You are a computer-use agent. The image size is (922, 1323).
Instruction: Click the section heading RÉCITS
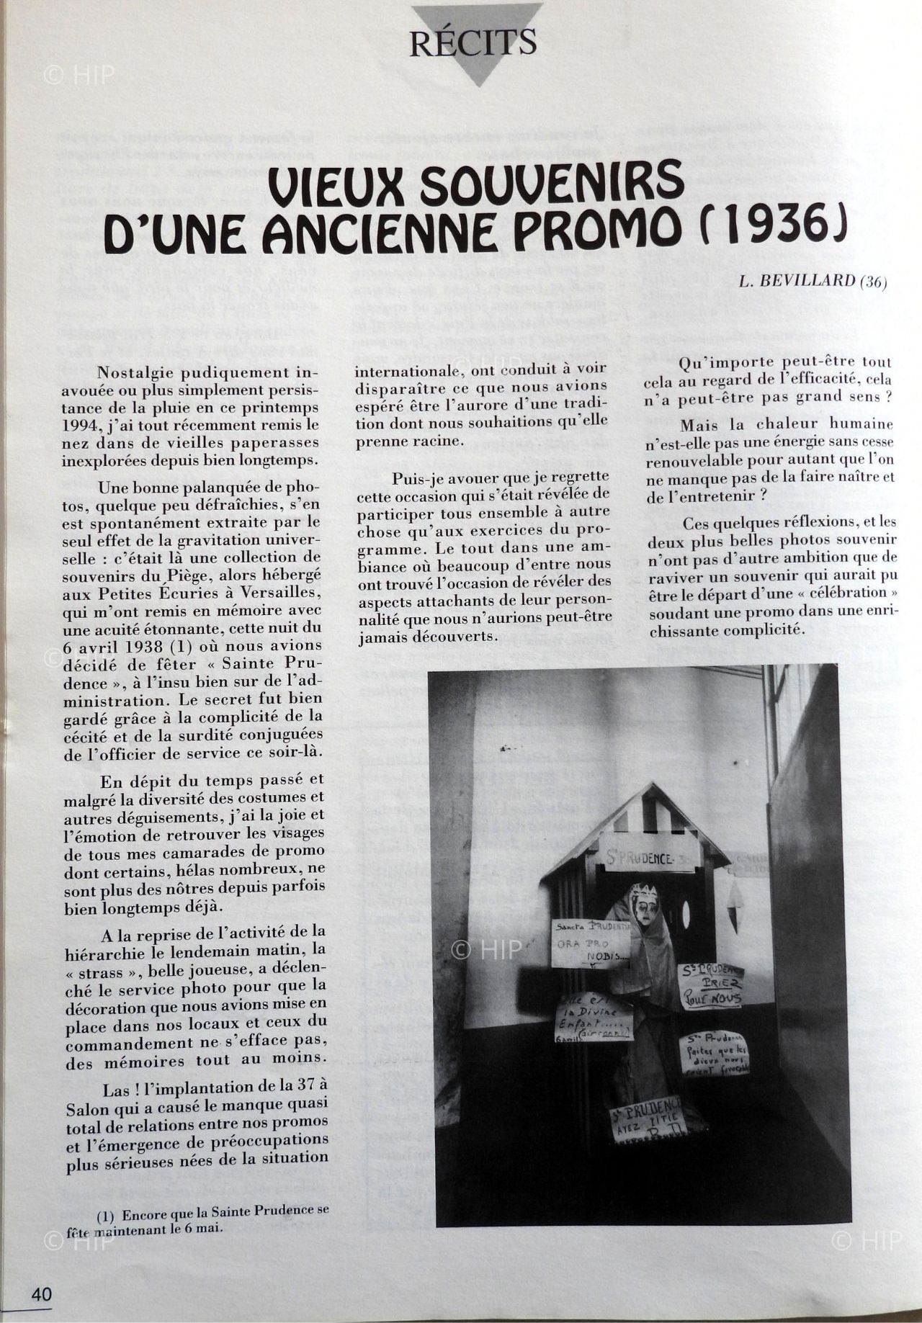point(473,42)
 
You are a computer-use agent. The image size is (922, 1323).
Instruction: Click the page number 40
point(41,1293)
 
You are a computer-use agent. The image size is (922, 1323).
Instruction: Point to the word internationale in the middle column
point(403,372)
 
